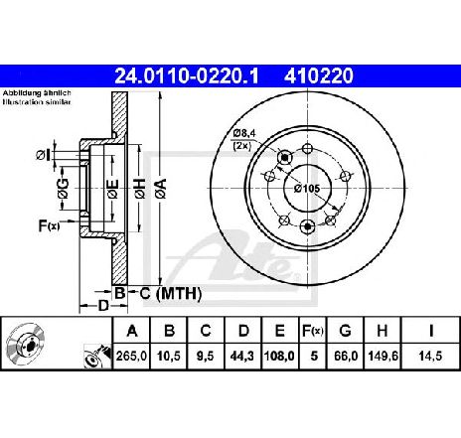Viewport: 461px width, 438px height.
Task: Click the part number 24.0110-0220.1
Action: (x=187, y=75)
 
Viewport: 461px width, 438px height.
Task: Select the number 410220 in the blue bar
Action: (x=318, y=75)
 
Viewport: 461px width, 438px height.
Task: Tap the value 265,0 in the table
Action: (x=131, y=357)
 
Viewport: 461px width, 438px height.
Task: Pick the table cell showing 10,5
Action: (x=169, y=357)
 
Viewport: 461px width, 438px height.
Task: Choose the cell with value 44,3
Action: (x=243, y=357)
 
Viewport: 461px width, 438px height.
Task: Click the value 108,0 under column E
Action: (x=280, y=357)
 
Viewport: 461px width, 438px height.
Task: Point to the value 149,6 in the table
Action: (x=383, y=357)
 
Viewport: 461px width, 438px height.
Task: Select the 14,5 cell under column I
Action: (x=430, y=357)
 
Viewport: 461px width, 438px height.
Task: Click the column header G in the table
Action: (x=345, y=331)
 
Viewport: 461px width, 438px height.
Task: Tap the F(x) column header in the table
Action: (x=312, y=331)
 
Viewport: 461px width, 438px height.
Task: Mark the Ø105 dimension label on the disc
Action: (x=307, y=189)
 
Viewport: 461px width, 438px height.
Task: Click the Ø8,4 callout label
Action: (x=244, y=134)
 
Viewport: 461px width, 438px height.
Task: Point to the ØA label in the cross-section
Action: (x=160, y=189)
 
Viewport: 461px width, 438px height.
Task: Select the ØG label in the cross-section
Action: (x=63, y=189)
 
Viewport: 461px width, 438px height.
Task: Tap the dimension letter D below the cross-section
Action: (x=103, y=306)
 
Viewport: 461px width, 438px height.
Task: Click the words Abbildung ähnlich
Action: (x=37, y=93)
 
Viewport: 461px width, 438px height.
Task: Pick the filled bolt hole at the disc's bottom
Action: (x=308, y=226)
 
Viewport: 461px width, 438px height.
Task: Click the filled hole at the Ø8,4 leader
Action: (x=284, y=158)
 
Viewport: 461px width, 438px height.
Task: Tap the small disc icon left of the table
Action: (x=27, y=344)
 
